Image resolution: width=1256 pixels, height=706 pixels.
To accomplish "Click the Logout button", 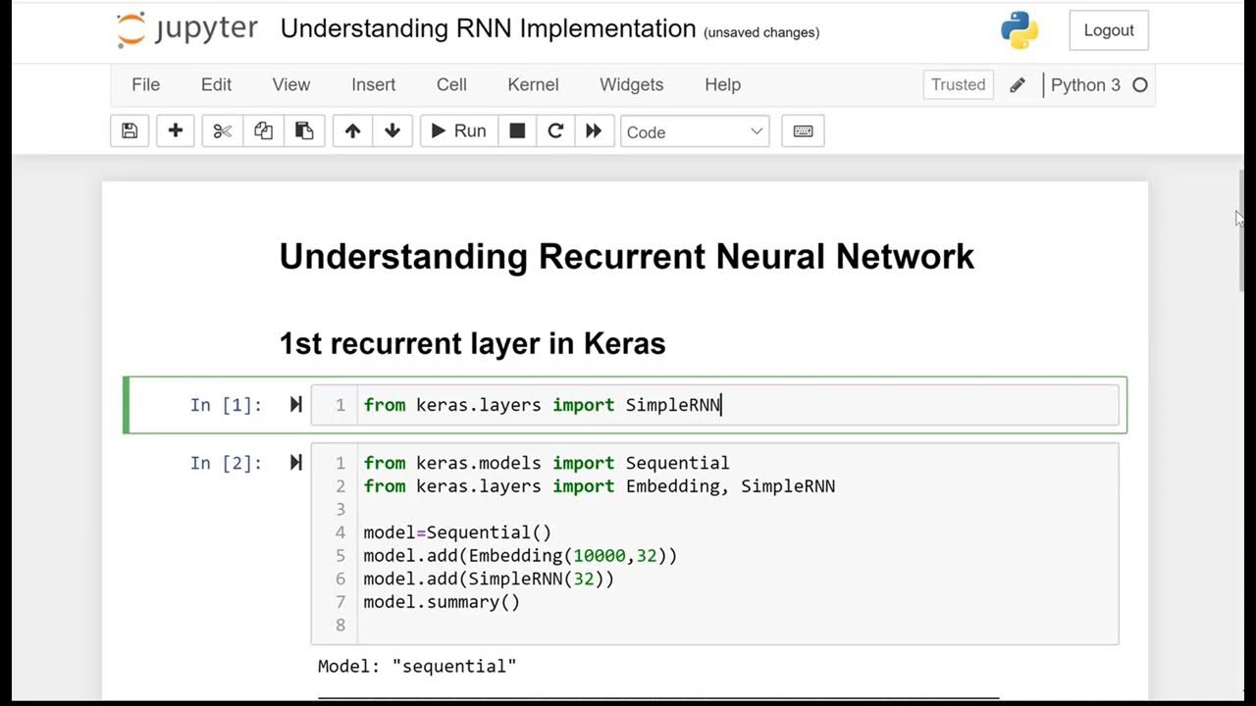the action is click(x=1109, y=30).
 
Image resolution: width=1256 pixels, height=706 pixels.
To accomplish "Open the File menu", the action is click(x=146, y=84).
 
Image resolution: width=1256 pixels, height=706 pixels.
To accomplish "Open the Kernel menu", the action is click(x=533, y=84).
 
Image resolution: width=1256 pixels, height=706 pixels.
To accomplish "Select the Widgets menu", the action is click(x=631, y=84).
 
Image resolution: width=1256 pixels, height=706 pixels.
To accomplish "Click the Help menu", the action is click(x=723, y=84).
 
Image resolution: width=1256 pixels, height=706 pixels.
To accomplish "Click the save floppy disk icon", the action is click(x=130, y=130).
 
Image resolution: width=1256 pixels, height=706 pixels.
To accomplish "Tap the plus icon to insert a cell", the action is click(x=176, y=130).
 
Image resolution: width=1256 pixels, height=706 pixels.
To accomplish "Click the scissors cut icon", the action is click(x=223, y=131).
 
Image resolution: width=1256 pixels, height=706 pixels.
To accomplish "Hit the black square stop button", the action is click(x=517, y=130).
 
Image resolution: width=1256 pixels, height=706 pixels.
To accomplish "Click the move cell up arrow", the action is click(x=352, y=130).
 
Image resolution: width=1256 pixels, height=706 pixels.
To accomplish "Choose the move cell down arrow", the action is click(x=392, y=130).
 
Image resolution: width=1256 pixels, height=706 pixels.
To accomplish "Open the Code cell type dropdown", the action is click(x=695, y=131).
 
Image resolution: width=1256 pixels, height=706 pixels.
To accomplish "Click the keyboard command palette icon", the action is click(x=803, y=131).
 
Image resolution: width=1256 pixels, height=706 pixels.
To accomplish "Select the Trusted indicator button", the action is click(x=959, y=84).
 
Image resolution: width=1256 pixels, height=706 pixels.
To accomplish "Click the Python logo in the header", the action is click(x=1020, y=30).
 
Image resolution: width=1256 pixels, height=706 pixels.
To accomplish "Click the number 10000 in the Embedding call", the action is click(x=600, y=555).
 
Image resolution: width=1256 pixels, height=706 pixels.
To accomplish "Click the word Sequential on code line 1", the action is click(x=677, y=463).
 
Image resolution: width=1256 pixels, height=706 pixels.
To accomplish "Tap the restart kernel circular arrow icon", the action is click(x=555, y=130).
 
